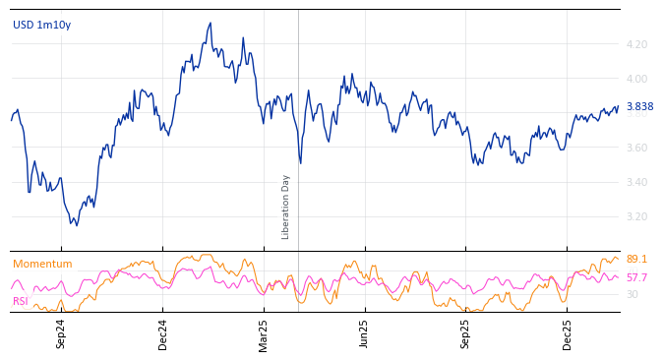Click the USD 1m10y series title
click(x=41, y=25)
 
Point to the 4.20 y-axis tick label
click(x=635, y=44)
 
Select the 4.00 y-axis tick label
click(x=635, y=79)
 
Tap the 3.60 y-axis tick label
click(x=635, y=148)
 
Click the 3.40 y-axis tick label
click(x=635, y=182)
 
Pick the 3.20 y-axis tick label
click(x=635, y=216)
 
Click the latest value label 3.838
click(x=639, y=106)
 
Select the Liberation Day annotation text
click(x=286, y=207)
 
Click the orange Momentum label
click(x=42, y=264)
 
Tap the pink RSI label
click(x=21, y=301)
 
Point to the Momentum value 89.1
click(x=636, y=259)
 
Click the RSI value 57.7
click(x=636, y=277)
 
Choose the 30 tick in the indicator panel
click(x=632, y=294)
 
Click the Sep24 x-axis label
click(x=61, y=333)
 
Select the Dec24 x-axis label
click(x=163, y=333)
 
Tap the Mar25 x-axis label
click(x=264, y=333)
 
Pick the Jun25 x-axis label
click(x=364, y=333)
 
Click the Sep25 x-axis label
click(x=465, y=333)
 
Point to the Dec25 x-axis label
click(x=567, y=333)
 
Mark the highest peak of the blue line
click(x=211, y=24)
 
